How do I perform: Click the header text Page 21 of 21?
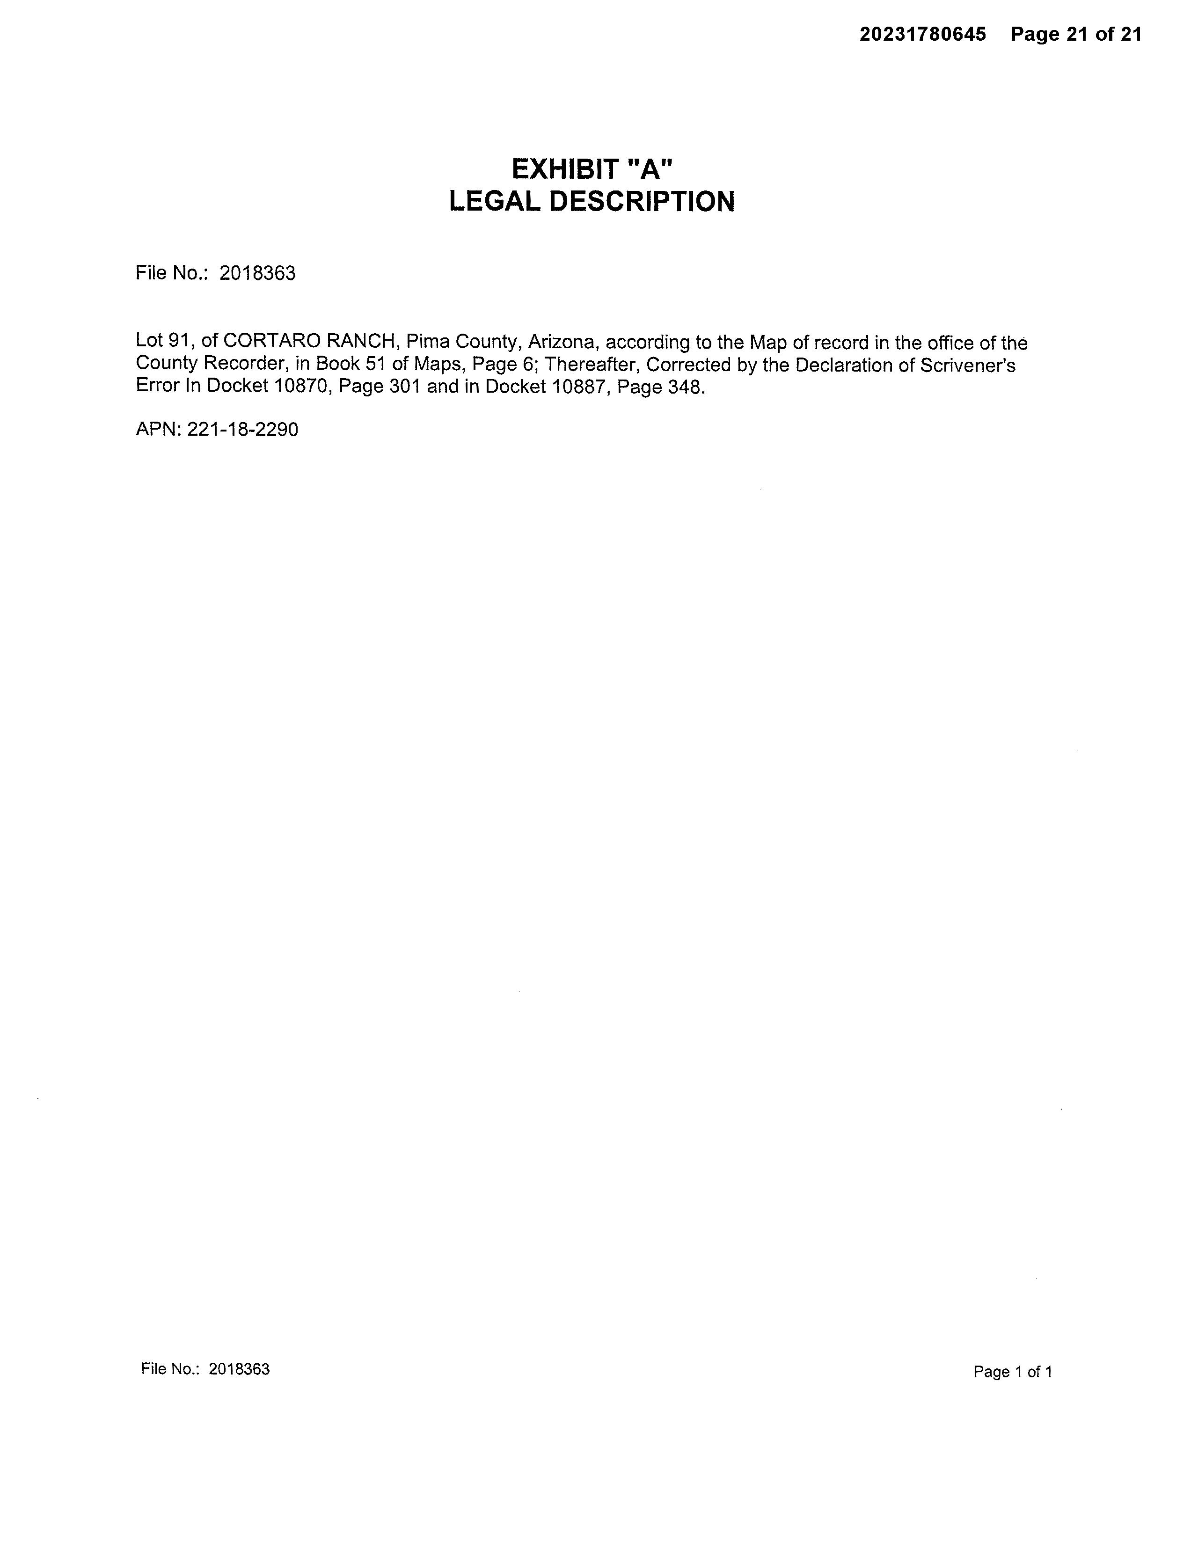pos(1076,35)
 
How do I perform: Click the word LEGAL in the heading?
pos(496,202)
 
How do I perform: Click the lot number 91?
pos(177,341)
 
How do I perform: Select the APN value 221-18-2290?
pos(243,429)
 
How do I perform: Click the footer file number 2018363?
pos(239,1370)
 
